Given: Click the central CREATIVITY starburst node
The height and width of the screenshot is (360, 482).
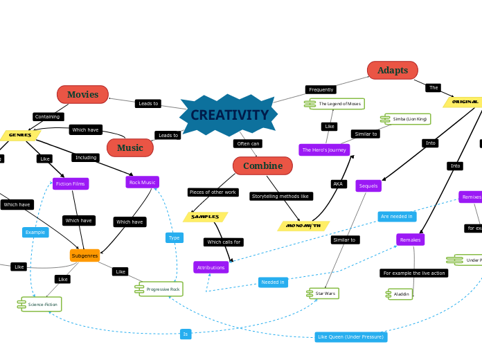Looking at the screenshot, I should [229, 115].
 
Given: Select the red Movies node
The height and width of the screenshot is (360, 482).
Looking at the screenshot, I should [82, 94].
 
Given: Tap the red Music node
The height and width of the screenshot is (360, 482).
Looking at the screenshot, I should [130, 147].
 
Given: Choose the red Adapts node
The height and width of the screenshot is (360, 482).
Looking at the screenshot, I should [392, 70].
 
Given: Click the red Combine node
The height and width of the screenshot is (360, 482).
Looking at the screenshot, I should [262, 165].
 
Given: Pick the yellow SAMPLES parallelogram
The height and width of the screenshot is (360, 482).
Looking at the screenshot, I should [205, 217].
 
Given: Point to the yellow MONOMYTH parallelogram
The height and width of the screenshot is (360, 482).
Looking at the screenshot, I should [303, 226].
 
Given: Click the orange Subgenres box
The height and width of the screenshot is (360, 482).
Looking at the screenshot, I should [84, 255].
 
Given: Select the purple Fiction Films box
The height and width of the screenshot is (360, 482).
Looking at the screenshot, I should [71, 183].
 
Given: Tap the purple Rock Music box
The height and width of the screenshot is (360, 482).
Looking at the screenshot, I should [143, 182].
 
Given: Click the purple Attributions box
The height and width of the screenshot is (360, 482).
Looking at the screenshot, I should [211, 267].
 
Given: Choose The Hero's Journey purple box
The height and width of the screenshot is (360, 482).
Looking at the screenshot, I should [324, 150].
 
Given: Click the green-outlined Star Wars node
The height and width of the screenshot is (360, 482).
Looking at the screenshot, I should [325, 294].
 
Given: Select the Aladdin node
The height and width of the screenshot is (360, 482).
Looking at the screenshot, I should [401, 294].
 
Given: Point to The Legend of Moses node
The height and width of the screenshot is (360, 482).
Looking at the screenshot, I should [339, 103].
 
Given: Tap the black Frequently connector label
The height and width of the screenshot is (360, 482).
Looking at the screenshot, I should [321, 89].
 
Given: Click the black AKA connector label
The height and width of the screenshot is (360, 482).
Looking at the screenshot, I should [338, 184].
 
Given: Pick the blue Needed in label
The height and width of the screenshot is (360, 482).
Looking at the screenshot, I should [273, 282].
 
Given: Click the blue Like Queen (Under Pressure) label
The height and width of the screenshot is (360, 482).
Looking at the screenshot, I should [350, 337].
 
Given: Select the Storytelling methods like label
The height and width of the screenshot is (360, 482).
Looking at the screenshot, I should [280, 196].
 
